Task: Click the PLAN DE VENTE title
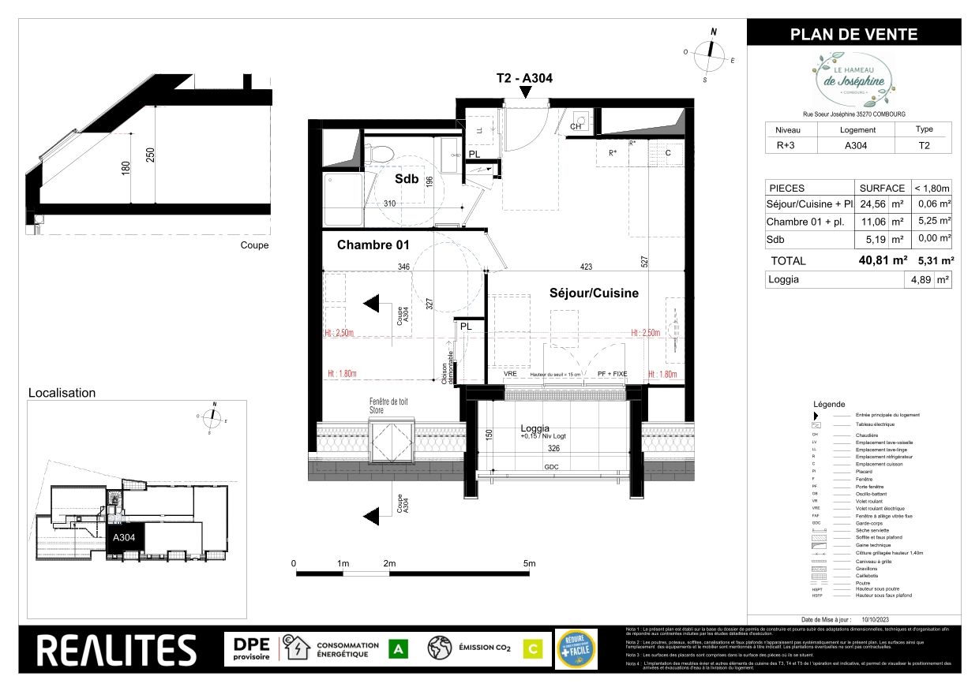click(x=853, y=34)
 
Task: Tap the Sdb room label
click(x=407, y=179)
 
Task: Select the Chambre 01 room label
click(x=373, y=245)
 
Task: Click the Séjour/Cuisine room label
click(x=594, y=293)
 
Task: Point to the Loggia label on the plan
click(x=535, y=428)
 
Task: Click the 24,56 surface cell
click(x=874, y=205)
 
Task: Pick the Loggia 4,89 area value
click(x=919, y=279)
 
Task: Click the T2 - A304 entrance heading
click(x=523, y=78)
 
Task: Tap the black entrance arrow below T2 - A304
click(x=523, y=93)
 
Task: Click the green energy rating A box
click(x=399, y=649)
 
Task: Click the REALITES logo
click(x=117, y=650)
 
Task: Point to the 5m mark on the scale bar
click(x=529, y=563)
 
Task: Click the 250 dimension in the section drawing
click(x=150, y=156)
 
